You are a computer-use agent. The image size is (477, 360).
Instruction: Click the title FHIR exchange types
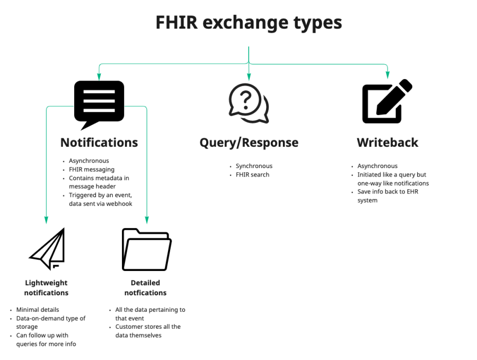[249, 23]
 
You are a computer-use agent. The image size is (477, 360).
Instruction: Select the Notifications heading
[99, 142]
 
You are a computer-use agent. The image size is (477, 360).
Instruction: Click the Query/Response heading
[249, 143]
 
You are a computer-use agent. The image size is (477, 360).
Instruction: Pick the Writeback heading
[387, 142]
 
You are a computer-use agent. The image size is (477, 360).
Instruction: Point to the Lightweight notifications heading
[47, 287]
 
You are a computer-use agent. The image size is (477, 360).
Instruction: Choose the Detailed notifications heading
[146, 287]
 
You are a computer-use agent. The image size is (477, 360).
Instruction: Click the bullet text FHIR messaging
[91, 169]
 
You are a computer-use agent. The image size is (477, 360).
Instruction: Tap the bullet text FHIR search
[252, 174]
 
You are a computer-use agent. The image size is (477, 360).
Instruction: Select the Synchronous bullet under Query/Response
[254, 166]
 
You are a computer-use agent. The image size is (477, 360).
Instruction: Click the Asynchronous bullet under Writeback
[377, 166]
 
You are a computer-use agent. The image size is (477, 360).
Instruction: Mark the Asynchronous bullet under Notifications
[89, 161]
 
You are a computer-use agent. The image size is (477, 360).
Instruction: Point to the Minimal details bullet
[38, 310]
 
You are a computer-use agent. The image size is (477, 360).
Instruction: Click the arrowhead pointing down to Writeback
[387, 76]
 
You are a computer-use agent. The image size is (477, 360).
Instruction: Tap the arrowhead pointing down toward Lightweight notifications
[46, 221]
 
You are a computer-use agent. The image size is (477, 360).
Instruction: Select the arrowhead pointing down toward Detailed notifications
[147, 221]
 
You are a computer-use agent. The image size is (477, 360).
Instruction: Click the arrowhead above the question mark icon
[249, 77]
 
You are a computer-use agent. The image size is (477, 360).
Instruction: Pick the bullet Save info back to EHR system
[387, 196]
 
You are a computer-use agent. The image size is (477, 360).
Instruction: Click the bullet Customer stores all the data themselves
[148, 331]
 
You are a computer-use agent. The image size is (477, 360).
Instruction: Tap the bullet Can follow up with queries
[46, 339]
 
